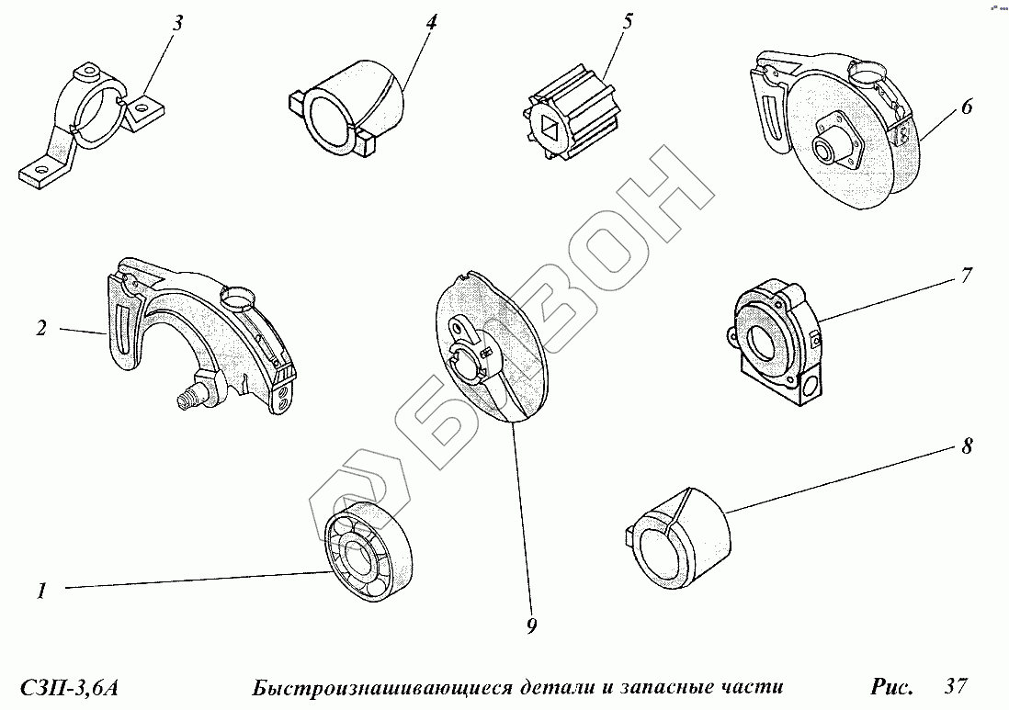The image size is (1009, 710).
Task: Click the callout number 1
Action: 41,592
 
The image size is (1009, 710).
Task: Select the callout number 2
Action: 41,328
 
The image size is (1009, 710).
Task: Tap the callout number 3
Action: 178,23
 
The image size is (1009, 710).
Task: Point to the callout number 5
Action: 628,21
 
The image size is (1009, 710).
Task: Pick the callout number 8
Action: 967,447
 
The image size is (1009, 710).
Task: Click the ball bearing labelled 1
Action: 367,552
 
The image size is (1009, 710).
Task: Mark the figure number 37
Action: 957,685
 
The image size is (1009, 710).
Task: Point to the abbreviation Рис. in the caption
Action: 891,686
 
